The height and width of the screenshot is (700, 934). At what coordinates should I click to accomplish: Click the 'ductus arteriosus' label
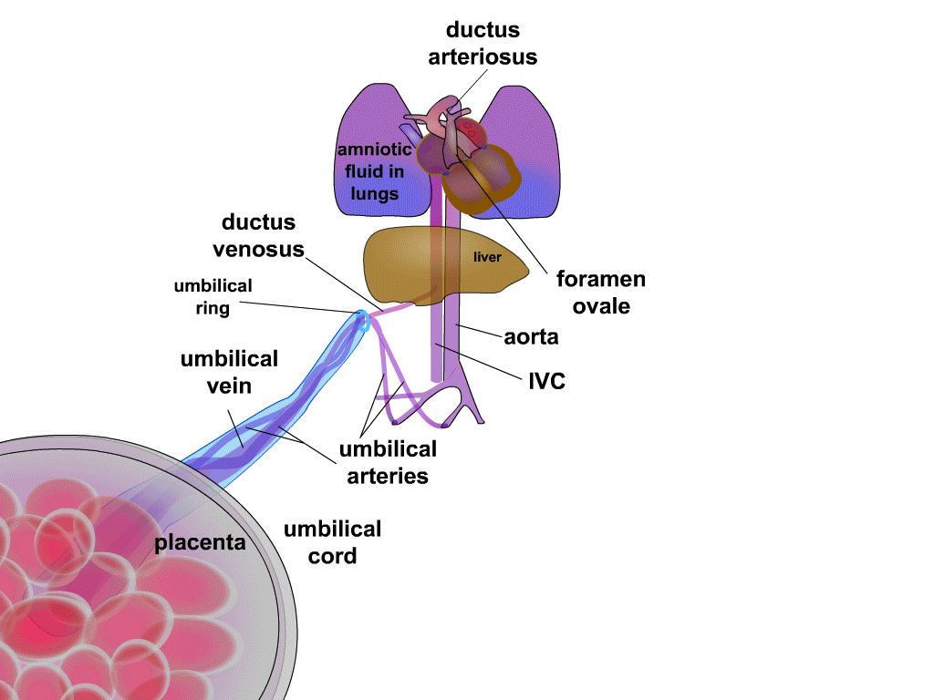(x=483, y=43)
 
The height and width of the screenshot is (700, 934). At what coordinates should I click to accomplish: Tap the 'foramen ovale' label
(x=600, y=293)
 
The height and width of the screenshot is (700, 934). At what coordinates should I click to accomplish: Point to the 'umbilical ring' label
(x=213, y=297)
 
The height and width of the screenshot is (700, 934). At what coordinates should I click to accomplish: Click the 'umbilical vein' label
(x=229, y=372)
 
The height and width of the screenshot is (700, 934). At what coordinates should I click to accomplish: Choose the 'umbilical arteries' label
(x=388, y=462)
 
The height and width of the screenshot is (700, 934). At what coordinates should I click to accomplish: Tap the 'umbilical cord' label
(x=332, y=542)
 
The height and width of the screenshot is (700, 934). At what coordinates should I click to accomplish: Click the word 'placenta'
(x=200, y=542)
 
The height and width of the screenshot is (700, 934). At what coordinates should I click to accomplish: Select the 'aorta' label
(x=531, y=337)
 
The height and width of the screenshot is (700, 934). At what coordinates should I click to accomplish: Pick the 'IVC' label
(x=547, y=381)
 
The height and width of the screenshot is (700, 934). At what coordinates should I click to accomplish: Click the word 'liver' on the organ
(x=487, y=257)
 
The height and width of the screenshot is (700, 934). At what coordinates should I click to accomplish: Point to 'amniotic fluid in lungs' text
(x=375, y=171)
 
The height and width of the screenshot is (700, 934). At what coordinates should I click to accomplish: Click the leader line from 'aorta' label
(x=481, y=332)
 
